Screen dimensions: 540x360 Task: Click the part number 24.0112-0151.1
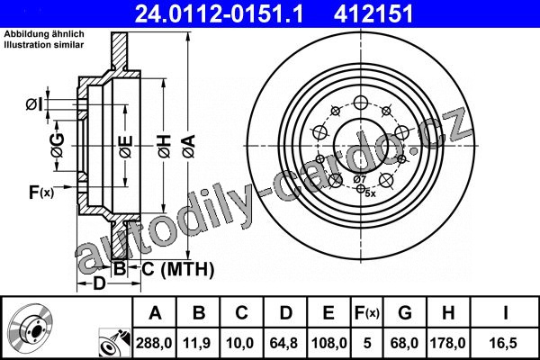(219, 13)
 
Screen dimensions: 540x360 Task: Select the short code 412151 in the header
(373, 13)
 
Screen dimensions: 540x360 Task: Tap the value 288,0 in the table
(154, 343)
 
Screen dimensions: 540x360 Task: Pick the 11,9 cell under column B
(197, 343)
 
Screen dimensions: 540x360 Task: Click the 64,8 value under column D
(283, 343)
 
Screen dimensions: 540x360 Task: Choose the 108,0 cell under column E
(328, 343)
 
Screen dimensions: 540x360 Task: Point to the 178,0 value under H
(447, 343)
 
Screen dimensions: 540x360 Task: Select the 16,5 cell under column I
(505, 343)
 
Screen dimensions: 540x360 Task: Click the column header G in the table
(405, 313)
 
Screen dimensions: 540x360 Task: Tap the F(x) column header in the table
(367, 313)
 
